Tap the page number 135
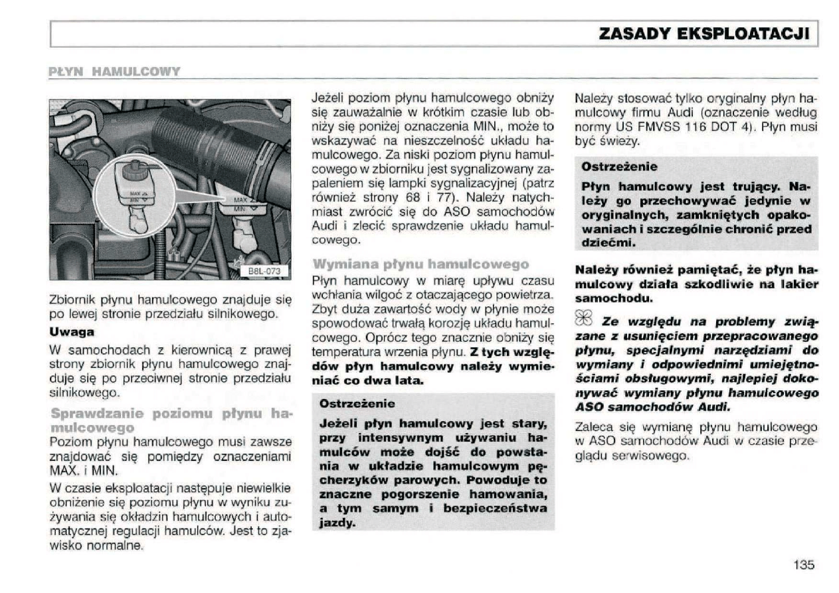pyautogui.click(x=803, y=565)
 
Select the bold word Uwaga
pyautogui.click(x=72, y=331)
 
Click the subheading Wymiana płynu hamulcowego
pyautogui.click(x=421, y=264)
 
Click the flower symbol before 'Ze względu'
pyautogui.click(x=585, y=322)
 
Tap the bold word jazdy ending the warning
pyautogui.click(x=337, y=523)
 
